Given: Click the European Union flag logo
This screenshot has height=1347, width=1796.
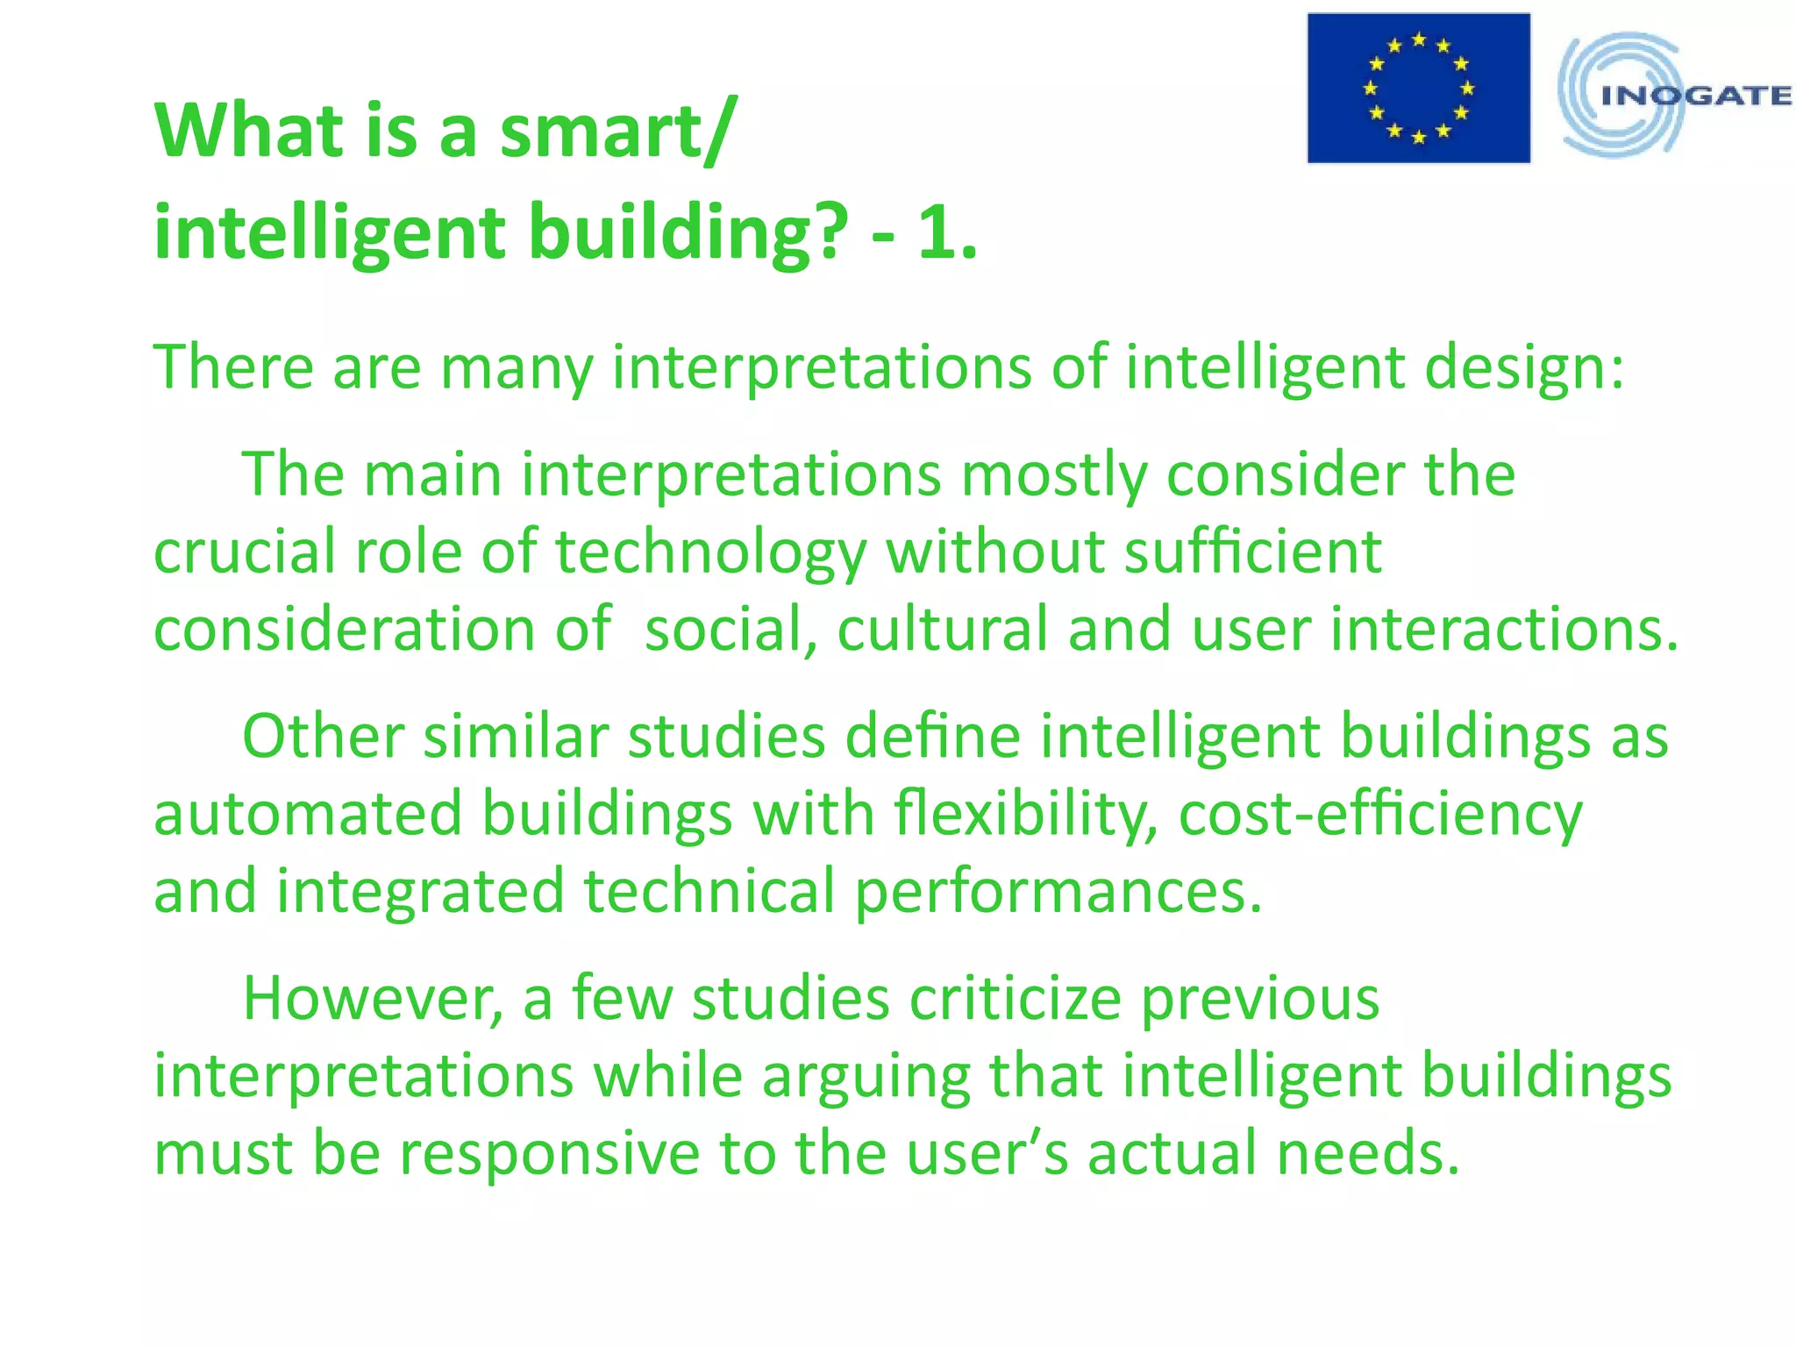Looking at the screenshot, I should pyautogui.click(x=1418, y=88).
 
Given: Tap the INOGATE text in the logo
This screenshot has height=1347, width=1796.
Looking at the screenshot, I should pyautogui.click(x=1695, y=96).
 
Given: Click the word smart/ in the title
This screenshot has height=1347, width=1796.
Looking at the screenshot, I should pyautogui.click(x=615, y=132).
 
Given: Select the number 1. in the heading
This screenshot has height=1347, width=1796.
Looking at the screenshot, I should pyautogui.click(x=947, y=233).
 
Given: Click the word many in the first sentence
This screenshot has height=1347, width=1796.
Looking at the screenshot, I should pyautogui.click(x=516, y=368).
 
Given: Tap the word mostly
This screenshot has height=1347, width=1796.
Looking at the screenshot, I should pyautogui.click(x=1053, y=475).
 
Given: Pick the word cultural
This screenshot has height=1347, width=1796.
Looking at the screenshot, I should pyautogui.click(x=942, y=630).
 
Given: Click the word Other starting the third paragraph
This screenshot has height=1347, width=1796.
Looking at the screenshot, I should pyautogui.click(x=322, y=737).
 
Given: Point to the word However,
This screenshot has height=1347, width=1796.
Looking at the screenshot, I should pyautogui.click(x=373, y=1000).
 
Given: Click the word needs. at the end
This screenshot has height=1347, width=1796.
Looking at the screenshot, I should pyautogui.click(x=1368, y=1154).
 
